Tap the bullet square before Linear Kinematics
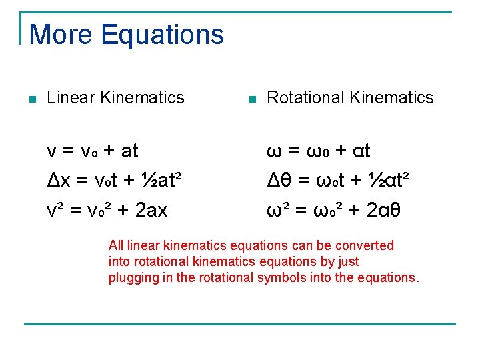coord(32,99)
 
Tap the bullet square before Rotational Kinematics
coord(251,99)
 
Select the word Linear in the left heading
coord(71,97)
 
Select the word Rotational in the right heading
coord(300,97)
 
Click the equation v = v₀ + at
coord(92,151)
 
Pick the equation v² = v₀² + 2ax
coord(107,210)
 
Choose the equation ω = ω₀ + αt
coord(319,151)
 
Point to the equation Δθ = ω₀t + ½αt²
coord(338,180)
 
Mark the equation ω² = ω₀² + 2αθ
coord(333,210)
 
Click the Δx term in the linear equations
coord(56,181)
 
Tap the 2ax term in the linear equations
coord(151,211)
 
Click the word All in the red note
coord(116,245)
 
